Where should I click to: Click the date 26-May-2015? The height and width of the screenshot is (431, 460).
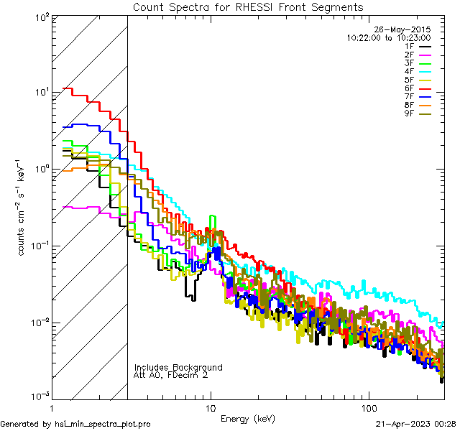pyautogui.click(x=405, y=29)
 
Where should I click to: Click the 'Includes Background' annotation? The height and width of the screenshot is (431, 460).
pyautogui.click(x=178, y=367)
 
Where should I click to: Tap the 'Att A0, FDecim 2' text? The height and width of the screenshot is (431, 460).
pyautogui.click(x=170, y=375)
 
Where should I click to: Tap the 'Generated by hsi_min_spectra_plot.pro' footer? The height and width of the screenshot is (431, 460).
pyautogui.click(x=75, y=425)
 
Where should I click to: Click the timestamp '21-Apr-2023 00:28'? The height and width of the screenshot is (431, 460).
pyautogui.click(x=415, y=425)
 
